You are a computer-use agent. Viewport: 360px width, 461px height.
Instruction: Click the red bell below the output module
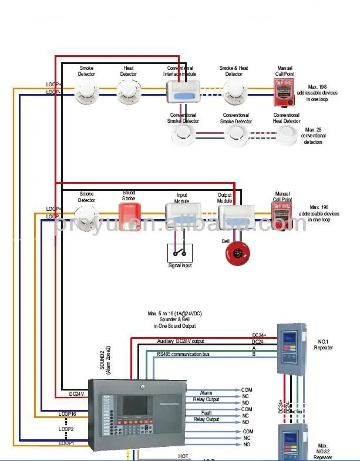[x=237, y=253]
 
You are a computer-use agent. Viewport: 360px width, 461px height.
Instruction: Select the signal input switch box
[x=180, y=253]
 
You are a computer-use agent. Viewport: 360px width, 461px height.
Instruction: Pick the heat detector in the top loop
[x=128, y=91]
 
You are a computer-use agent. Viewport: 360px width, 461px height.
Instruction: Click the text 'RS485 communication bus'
[x=183, y=355]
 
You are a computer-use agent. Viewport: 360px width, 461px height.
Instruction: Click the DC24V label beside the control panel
[x=77, y=394]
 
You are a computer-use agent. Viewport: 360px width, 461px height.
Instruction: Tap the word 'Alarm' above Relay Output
[x=206, y=393]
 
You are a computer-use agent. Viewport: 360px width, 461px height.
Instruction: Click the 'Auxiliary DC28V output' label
[x=181, y=341]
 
